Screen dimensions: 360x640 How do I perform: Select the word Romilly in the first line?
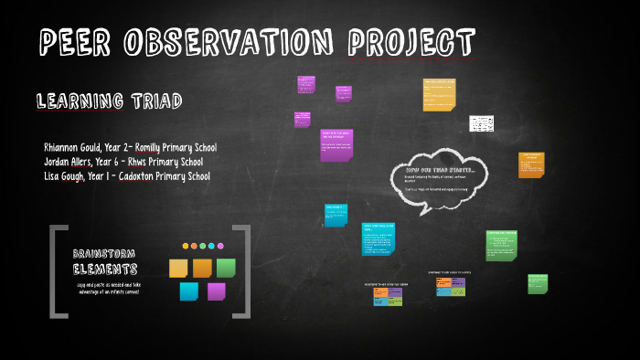point(154,147)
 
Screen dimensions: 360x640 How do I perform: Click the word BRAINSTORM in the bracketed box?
point(104,253)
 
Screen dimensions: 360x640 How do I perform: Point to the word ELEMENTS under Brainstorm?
point(105,270)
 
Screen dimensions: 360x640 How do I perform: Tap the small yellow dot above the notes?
point(186,246)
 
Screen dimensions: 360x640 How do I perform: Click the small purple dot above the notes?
point(219,246)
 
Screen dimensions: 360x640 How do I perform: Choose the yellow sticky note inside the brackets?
point(178,268)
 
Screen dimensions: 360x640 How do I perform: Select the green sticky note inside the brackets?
point(226,267)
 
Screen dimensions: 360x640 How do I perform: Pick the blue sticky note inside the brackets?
point(189,291)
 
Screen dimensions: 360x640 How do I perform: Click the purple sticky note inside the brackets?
point(216,291)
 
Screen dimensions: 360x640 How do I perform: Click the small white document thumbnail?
point(481,123)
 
